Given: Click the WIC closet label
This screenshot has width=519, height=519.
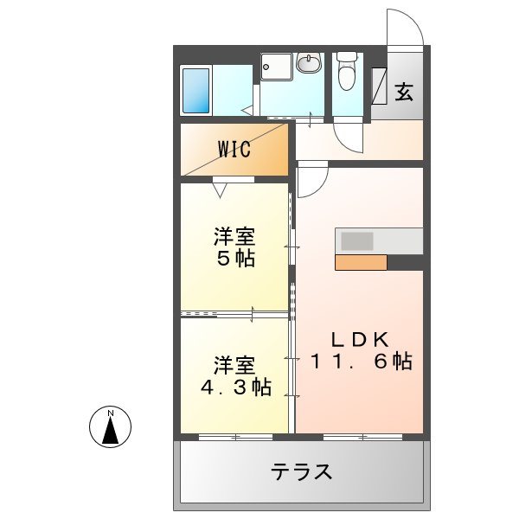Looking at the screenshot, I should pos(234,149).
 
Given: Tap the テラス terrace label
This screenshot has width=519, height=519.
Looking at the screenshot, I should pos(302,472).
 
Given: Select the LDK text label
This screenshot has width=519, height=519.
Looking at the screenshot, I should pos(359,337).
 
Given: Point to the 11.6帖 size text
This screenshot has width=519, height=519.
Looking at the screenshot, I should pos(361,362).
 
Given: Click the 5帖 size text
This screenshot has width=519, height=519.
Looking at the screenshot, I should pos(235,259).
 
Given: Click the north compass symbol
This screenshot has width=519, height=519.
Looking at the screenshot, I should pos(111,426).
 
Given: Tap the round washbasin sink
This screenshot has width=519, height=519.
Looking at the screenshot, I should pos(308,62).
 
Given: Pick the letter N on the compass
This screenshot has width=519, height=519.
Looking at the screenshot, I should pos(111,413).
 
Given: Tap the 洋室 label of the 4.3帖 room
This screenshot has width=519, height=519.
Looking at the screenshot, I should pos(235,364).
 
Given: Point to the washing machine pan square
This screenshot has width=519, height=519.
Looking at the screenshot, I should pos(277,66).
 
